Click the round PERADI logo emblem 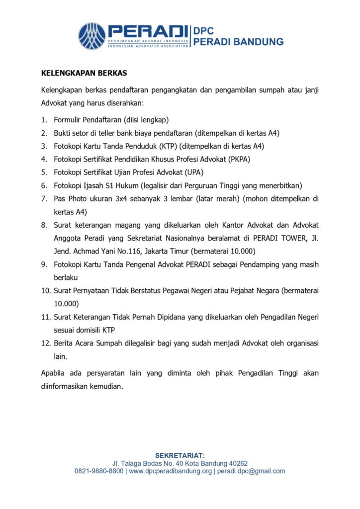coord(92,36)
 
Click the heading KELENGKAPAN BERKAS coord(84,73)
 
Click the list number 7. coord(43,198)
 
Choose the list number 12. coord(45,343)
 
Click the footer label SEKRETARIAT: coord(180,455)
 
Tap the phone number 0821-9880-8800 coord(99,471)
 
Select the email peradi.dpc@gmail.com coord(251,471)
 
